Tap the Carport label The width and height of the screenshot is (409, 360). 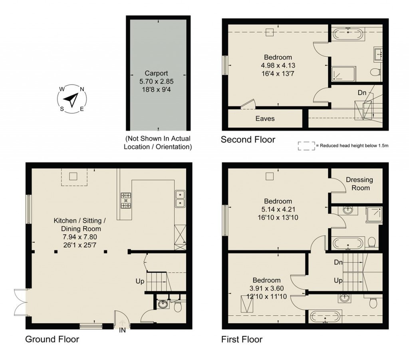(157, 73)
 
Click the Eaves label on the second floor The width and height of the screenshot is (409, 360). (265, 119)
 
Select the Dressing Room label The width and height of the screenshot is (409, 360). (359, 184)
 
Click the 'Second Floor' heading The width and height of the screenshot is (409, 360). (248, 140)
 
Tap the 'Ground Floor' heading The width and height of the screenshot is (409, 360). (52, 340)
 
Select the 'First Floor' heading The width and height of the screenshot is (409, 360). (242, 340)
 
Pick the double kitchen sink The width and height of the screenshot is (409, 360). (180, 199)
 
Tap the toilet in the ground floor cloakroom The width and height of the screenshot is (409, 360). (178, 306)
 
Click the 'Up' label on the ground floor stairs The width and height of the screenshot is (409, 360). (140, 281)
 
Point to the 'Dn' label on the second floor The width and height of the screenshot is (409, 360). (361, 93)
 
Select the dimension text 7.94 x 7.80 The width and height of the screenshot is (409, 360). (78, 237)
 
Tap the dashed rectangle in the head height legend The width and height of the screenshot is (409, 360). (306, 146)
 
